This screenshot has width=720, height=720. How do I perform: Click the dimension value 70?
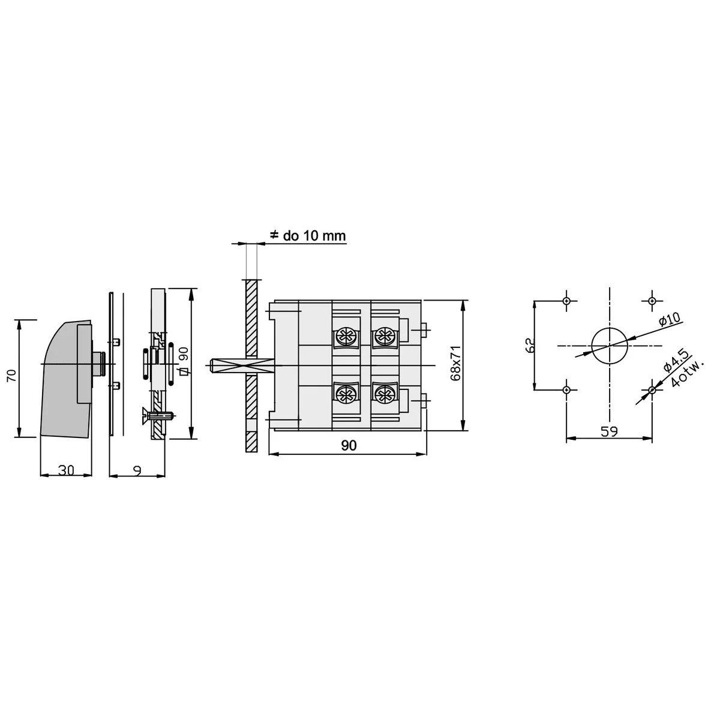click(12, 375)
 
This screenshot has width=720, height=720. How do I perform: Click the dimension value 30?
click(66, 470)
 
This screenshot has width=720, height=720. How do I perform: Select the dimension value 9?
click(137, 471)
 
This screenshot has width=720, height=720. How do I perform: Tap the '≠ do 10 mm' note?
click(308, 236)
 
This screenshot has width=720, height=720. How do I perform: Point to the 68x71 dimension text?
click(456, 363)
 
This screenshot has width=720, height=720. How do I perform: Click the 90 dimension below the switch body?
click(349, 445)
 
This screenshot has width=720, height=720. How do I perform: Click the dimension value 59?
click(609, 432)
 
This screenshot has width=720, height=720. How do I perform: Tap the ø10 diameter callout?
click(669, 321)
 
